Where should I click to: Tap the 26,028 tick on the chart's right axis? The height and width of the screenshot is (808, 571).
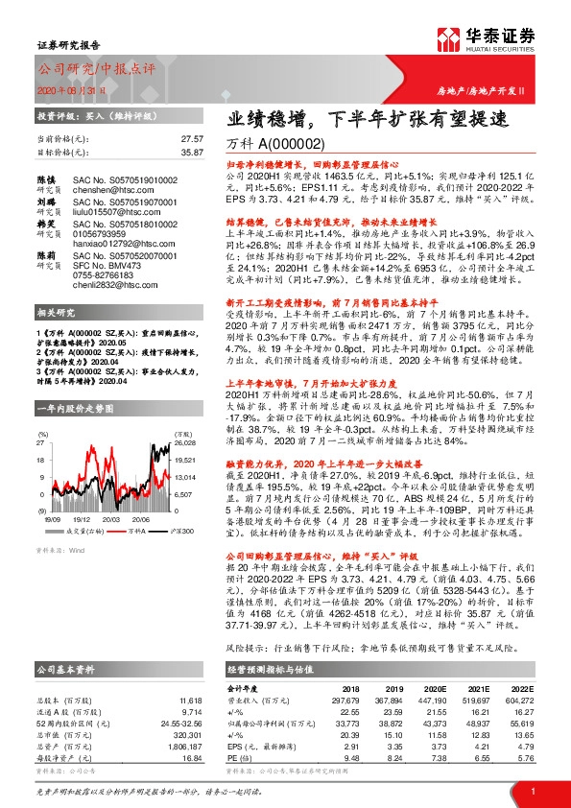[x=186, y=443]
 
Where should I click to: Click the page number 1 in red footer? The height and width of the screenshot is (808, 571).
[x=532, y=790]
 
